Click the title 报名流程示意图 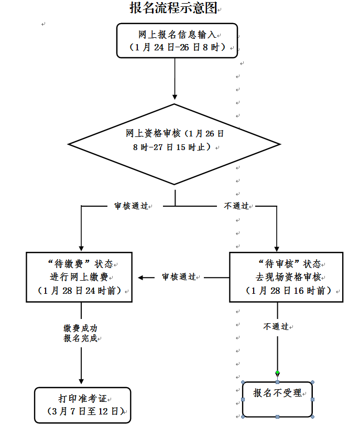[x=173, y=8]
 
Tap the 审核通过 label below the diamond [x=131, y=206]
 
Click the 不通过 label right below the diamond [x=236, y=206]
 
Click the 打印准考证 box [x=82, y=405]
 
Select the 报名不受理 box [x=277, y=399]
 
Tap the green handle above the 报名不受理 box [x=277, y=373]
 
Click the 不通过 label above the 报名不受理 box [x=276, y=326]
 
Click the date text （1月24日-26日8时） [x=177, y=47]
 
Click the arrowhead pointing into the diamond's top [x=174, y=97]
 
